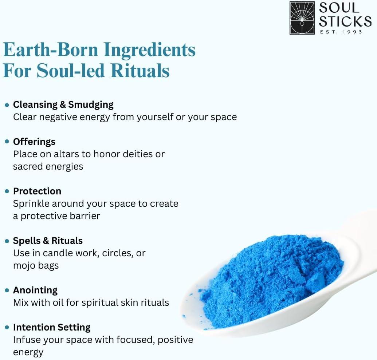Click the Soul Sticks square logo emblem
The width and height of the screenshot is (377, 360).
(x=302, y=18)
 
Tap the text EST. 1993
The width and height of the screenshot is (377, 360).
(x=341, y=32)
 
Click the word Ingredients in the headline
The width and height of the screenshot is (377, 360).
(x=150, y=50)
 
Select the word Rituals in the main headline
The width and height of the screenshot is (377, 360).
(x=140, y=71)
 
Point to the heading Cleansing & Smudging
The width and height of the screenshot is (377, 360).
(x=63, y=105)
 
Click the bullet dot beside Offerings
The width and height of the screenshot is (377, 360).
(x=7, y=142)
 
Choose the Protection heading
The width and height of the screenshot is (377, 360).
(x=37, y=191)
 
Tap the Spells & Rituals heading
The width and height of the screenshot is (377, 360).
(x=48, y=241)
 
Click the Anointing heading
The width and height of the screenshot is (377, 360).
(x=35, y=290)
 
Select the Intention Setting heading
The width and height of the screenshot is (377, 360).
(x=52, y=328)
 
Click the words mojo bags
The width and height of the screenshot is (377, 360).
(x=36, y=266)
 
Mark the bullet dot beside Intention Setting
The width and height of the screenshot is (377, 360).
(x=7, y=327)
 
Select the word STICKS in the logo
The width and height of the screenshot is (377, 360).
(x=345, y=21)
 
